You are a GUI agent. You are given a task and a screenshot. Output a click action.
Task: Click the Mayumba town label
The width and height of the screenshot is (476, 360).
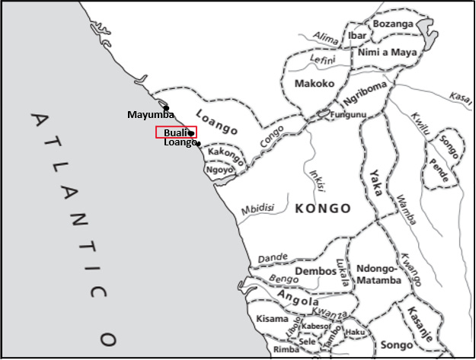click(150, 115)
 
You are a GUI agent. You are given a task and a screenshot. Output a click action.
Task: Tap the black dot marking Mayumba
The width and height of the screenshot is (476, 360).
click(166, 108)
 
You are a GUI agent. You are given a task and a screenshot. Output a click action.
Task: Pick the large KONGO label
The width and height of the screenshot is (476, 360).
click(323, 209)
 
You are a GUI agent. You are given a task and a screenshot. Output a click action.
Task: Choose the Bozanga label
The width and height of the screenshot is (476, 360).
click(393, 24)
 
